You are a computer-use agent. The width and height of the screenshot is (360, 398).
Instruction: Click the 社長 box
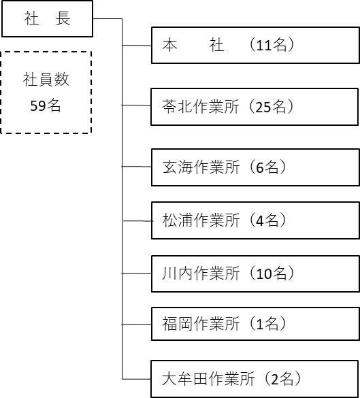coord(47,18)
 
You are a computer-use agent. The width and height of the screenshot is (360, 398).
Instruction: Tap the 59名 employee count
coord(46,105)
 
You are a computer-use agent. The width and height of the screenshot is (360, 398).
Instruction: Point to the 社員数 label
coord(46,79)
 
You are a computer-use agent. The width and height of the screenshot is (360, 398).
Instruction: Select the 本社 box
coord(255,45)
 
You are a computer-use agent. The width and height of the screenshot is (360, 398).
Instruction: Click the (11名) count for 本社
coord(272,45)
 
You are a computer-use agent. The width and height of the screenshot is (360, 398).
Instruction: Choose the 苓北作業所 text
coord(201,106)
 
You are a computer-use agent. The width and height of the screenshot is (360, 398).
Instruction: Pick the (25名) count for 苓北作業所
coord(271,106)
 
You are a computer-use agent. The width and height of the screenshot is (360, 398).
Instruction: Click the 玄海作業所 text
coord(201,167)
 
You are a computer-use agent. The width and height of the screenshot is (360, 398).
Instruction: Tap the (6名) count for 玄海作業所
coord(267,167)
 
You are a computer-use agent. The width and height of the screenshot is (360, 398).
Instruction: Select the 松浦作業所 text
coord(201,220)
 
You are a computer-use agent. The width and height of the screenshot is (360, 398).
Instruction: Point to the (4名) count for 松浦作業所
coord(267,220)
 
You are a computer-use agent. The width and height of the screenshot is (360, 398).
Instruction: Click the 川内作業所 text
coord(201,273)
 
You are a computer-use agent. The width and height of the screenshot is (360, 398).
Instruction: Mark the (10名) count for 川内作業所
coord(272,273)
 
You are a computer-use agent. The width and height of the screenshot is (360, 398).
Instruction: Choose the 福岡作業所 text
coord(201,324)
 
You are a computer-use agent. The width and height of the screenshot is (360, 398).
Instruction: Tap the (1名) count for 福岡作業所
coord(267,324)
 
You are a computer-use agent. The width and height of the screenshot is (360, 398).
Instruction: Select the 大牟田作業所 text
coord(208,379)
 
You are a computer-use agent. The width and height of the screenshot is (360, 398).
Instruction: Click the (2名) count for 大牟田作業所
coord(282,379)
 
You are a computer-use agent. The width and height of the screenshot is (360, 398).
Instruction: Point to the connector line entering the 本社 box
coord(137,46)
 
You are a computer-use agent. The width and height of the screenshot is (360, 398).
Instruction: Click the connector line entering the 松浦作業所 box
coord(137,221)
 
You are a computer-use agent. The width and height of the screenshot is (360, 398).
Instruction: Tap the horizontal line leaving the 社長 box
coord(108,18)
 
